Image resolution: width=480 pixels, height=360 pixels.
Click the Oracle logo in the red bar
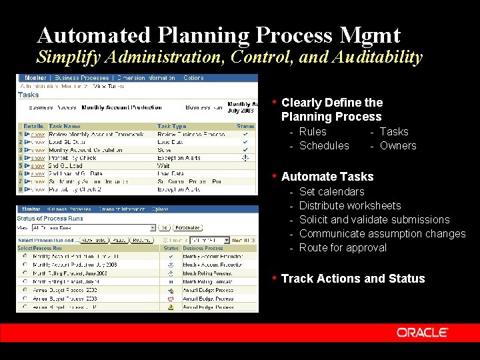(x=422, y=332)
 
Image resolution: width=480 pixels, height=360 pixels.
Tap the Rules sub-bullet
(x=313, y=131)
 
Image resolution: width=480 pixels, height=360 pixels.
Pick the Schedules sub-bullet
(x=323, y=145)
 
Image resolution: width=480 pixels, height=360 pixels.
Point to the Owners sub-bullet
(x=397, y=145)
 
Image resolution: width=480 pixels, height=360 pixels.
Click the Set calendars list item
(x=331, y=191)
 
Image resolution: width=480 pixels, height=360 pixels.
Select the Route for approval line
(x=343, y=247)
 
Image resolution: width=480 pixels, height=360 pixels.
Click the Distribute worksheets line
(x=350, y=205)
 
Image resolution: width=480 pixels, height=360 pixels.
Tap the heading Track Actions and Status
(x=353, y=279)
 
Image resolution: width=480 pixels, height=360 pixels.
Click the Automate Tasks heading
(x=327, y=177)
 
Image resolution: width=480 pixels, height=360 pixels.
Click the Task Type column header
(x=171, y=126)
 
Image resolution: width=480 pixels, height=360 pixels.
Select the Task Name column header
(x=64, y=126)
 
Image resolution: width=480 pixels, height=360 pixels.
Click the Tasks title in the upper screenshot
(x=29, y=95)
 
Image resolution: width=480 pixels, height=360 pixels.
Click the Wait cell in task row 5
(x=163, y=165)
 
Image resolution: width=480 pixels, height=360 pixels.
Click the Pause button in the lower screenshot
(x=119, y=240)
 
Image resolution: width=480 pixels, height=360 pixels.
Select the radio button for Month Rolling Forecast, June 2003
(x=25, y=273)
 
